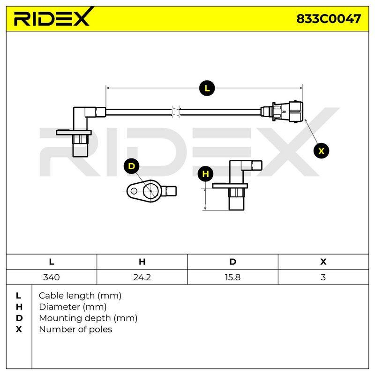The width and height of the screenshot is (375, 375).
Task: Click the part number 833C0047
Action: pyautogui.click(x=329, y=19)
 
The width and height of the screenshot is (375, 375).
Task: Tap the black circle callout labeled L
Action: pyautogui.click(x=207, y=88)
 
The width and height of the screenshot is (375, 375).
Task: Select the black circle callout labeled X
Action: pyautogui.click(x=321, y=151)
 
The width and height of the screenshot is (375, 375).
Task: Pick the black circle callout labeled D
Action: pyautogui.click(x=132, y=166)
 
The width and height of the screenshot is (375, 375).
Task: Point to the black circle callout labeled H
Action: pyautogui.click(x=205, y=174)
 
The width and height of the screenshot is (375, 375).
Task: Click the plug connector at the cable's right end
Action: pyautogui.click(x=282, y=112)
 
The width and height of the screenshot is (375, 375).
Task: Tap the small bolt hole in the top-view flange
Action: pyautogui.click(x=134, y=191)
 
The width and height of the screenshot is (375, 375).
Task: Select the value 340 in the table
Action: pyautogui.click(x=52, y=277)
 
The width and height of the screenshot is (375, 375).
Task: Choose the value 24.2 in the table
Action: pyautogui.click(x=142, y=277)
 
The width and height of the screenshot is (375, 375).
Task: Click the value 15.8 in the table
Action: pyautogui.click(x=232, y=277)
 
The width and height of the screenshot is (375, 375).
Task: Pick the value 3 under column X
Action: pyautogui.click(x=323, y=277)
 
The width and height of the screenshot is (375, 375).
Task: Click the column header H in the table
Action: pyautogui.click(x=142, y=262)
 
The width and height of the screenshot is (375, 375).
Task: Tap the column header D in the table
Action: pyautogui.click(x=232, y=262)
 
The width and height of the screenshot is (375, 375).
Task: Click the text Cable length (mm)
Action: pyautogui.click(x=80, y=296)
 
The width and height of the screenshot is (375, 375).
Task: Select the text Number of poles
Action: pyautogui.click(x=75, y=330)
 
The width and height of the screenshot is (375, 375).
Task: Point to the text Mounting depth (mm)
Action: pyautogui.click(x=88, y=318)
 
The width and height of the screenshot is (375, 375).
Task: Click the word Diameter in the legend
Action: pyautogui.click(x=60, y=307)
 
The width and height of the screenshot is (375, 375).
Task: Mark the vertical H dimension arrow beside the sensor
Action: pyautogui.click(x=205, y=199)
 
